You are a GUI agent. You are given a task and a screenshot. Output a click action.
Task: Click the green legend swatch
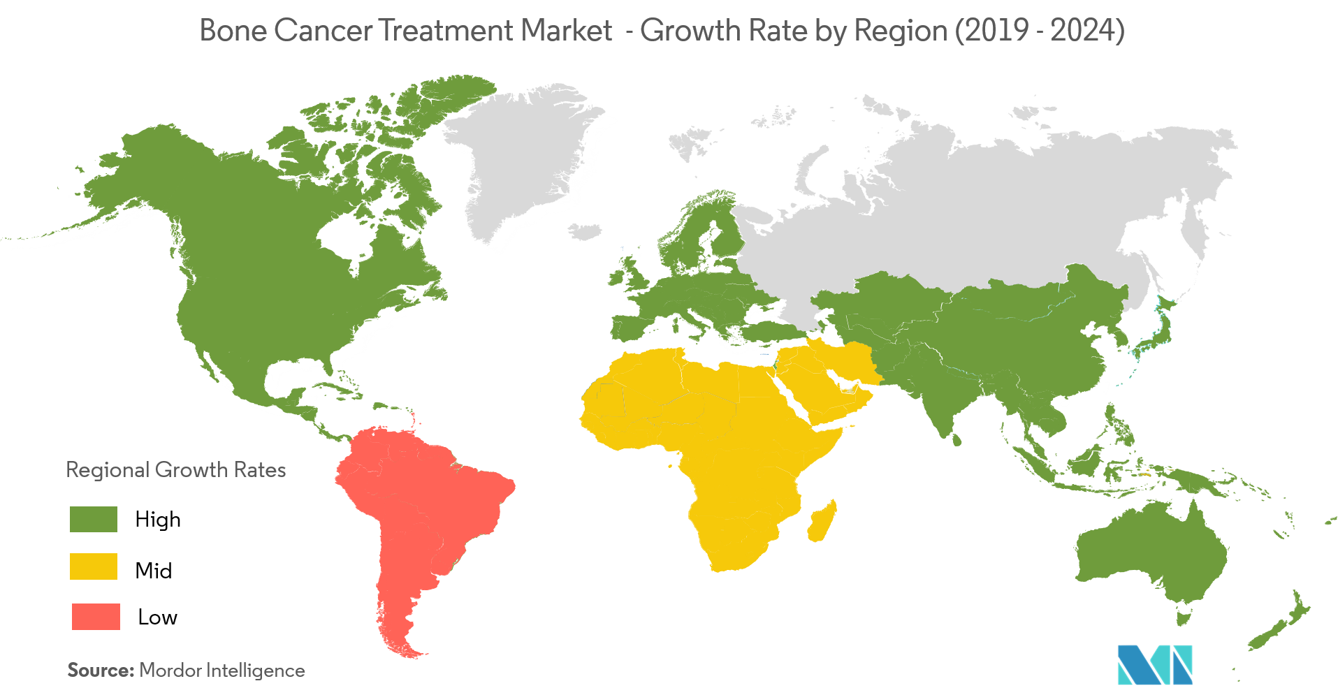94,520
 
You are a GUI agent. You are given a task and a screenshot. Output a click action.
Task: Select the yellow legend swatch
94,566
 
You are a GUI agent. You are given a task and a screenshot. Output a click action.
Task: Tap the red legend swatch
96,617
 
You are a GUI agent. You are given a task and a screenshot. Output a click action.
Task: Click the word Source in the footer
101,671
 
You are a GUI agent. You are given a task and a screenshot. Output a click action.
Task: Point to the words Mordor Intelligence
222,671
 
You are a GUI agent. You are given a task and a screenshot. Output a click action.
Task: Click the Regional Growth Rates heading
176,469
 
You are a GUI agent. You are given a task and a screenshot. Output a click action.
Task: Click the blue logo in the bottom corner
1154,664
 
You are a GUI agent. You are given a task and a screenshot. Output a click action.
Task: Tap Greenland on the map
531,161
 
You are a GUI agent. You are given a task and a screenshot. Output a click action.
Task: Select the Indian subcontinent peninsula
940,398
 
